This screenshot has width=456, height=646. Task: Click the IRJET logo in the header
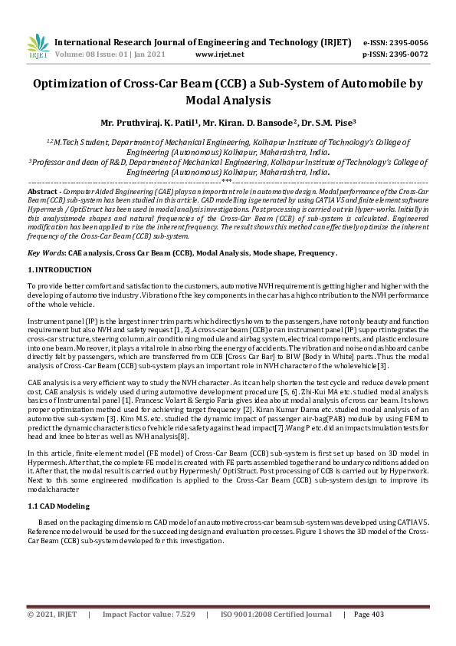click(37, 46)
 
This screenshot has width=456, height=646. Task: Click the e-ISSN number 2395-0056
click(407, 43)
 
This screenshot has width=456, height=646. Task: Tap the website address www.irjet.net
click(220, 54)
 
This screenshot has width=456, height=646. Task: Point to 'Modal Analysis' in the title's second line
click(228, 100)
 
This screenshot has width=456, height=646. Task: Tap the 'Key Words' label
click(45, 252)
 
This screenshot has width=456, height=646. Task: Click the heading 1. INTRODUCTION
click(59, 270)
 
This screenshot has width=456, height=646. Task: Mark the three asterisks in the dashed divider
click(227, 183)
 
